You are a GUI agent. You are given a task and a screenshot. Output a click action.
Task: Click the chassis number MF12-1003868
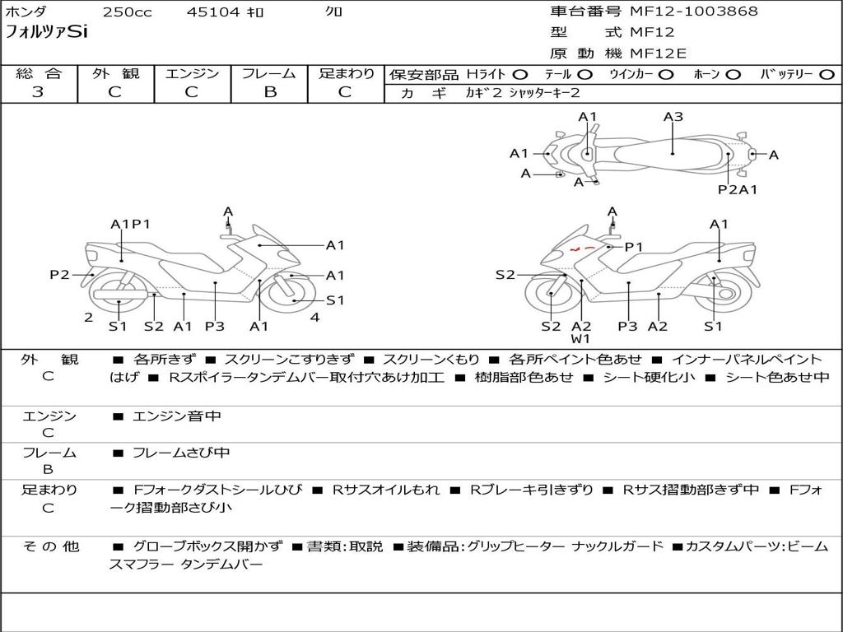click(x=694, y=12)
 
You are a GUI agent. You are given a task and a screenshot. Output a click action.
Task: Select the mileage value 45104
click(x=213, y=12)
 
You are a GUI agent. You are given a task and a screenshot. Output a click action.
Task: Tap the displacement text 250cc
click(x=127, y=12)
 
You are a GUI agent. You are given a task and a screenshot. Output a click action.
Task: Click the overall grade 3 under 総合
click(x=38, y=92)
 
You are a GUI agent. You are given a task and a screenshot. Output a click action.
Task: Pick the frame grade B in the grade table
click(x=269, y=92)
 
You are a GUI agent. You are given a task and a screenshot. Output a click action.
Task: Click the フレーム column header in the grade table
click(x=269, y=74)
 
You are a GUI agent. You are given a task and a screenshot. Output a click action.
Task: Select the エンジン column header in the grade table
click(x=192, y=74)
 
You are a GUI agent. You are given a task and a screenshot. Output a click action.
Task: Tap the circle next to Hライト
click(x=520, y=75)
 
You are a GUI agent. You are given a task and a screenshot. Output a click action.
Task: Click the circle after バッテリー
click(x=827, y=75)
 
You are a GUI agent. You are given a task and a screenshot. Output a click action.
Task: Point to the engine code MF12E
click(x=659, y=53)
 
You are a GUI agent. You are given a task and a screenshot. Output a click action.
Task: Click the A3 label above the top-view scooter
click(x=673, y=117)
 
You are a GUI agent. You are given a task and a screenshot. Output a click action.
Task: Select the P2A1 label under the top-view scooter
click(x=737, y=190)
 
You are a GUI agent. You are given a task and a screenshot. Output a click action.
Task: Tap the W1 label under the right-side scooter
click(x=581, y=339)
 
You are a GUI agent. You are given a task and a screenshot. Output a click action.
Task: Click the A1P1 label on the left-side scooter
click(x=130, y=224)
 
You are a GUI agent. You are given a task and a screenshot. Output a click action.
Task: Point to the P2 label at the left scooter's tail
click(x=59, y=275)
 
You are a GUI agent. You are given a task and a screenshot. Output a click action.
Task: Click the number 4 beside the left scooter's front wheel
click(x=314, y=317)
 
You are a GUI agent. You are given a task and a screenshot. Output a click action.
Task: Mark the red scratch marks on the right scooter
click(x=584, y=247)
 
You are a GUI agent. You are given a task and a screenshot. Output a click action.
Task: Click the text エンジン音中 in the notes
click(x=177, y=416)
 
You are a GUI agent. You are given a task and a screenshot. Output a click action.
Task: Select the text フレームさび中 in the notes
click(x=181, y=453)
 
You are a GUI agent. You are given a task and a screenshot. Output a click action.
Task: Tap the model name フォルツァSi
click(x=47, y=33)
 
